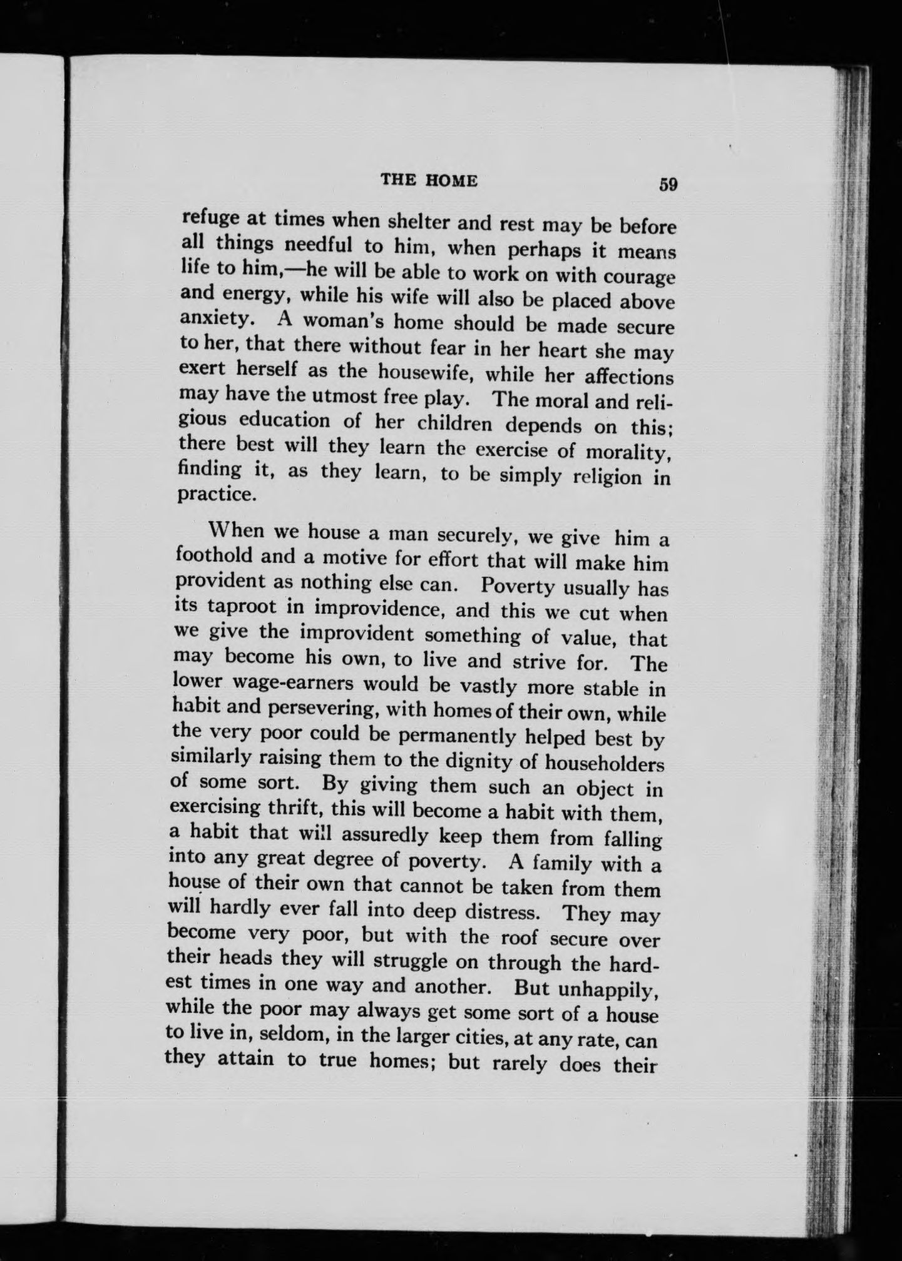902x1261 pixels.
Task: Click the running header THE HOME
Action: [429, 181]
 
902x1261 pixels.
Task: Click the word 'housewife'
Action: [423, 372]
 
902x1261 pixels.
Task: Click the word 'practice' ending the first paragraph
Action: [208, 494]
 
